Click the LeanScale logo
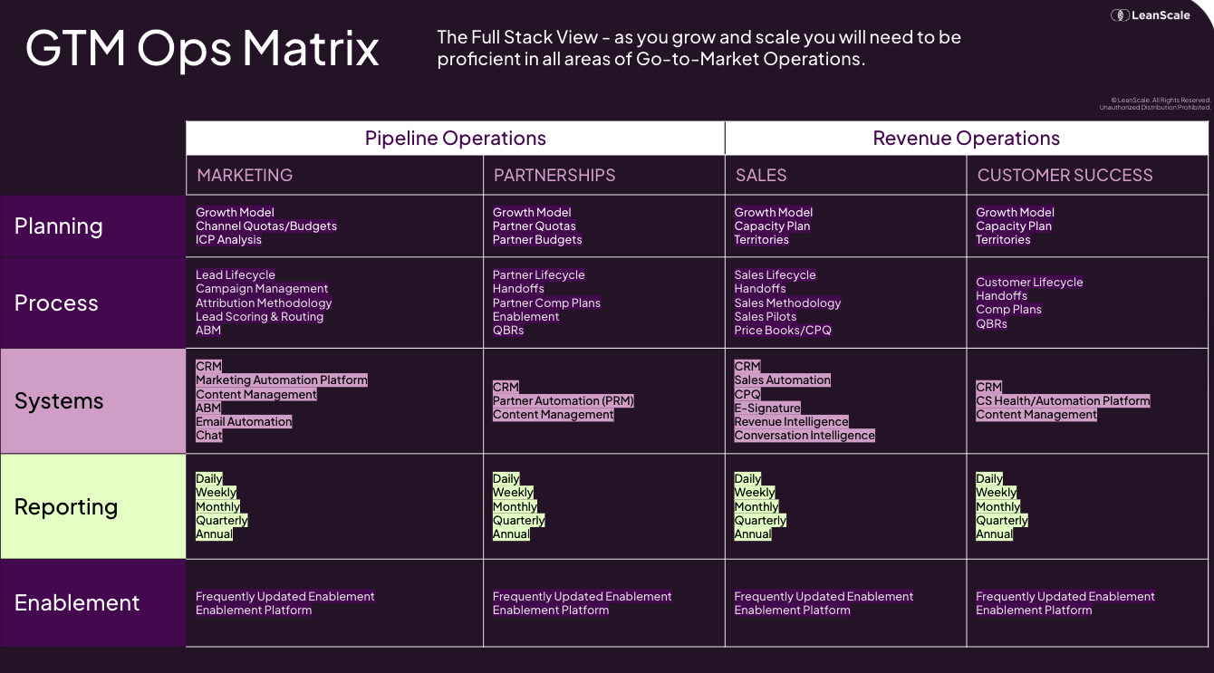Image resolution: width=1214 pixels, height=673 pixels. (1151, 14)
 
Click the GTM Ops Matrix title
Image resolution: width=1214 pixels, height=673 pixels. (202, 48)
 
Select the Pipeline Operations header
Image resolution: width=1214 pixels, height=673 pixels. (455, 139)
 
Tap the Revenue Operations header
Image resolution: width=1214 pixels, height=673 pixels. (966, 139)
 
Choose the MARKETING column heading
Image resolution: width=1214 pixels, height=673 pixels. (245, 176)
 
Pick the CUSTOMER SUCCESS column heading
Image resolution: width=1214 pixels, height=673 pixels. (1065, 176)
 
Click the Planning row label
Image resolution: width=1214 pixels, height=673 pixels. (59, 226)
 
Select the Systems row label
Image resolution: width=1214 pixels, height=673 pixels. (59, 401)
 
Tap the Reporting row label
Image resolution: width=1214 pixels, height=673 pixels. (66, 507)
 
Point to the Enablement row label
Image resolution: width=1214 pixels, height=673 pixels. (77, 603)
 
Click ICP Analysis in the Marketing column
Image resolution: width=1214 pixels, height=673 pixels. (228, 240)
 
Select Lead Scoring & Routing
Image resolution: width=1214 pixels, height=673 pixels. (259, 317)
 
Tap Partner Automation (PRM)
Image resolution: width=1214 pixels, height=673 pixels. (563, 401)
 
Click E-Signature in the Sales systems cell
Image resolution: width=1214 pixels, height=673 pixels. (766, 409)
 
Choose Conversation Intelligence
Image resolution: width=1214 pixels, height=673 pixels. (805, 436)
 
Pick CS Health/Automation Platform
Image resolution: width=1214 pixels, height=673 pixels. (1063, 401)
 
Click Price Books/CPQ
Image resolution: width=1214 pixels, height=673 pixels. (782, 331)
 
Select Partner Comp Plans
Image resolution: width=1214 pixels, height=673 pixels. (546, 303)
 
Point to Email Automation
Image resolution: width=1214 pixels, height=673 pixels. (244, 422)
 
